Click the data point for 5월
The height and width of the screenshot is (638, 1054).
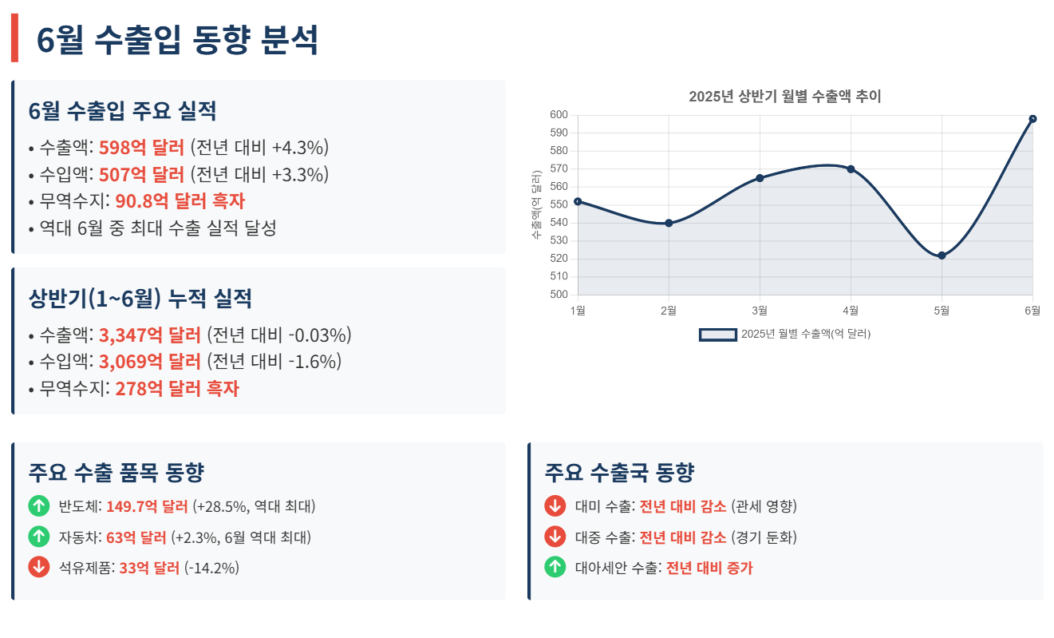941,256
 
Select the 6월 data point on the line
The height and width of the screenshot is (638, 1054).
1032,119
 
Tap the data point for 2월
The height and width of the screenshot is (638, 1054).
669,223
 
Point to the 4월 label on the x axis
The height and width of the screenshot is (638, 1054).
851,310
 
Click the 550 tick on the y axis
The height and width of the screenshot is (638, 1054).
559,204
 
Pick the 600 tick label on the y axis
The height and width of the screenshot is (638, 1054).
559,115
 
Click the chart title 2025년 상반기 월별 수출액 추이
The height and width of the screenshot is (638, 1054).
784,97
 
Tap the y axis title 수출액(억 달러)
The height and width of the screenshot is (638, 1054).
536,204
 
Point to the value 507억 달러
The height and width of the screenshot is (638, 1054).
141,174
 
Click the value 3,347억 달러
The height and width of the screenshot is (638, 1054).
149,335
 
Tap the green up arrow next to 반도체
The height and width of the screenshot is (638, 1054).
38,505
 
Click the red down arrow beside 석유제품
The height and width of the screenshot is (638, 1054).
38,568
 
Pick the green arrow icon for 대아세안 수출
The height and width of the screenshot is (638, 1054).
555,568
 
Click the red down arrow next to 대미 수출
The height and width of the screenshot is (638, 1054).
555,505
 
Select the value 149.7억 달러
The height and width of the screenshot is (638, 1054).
147,506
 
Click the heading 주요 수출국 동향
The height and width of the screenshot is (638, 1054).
619,473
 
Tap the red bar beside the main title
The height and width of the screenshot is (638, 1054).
14,39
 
